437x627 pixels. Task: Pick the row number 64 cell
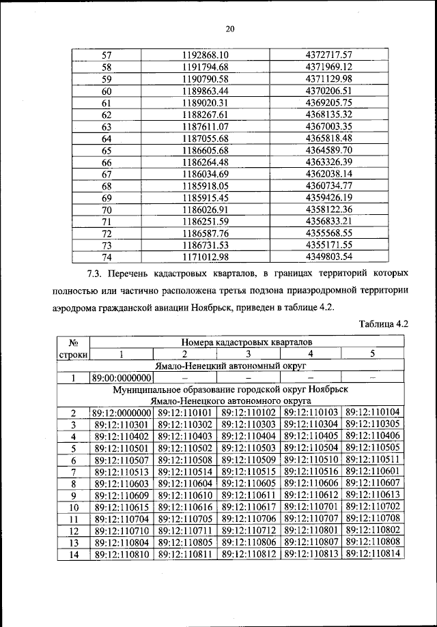pos(107,139)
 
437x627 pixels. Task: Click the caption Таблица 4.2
pos(382,324)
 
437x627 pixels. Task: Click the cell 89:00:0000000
pos(123,377)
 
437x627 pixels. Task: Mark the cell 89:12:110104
pos(373,412)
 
